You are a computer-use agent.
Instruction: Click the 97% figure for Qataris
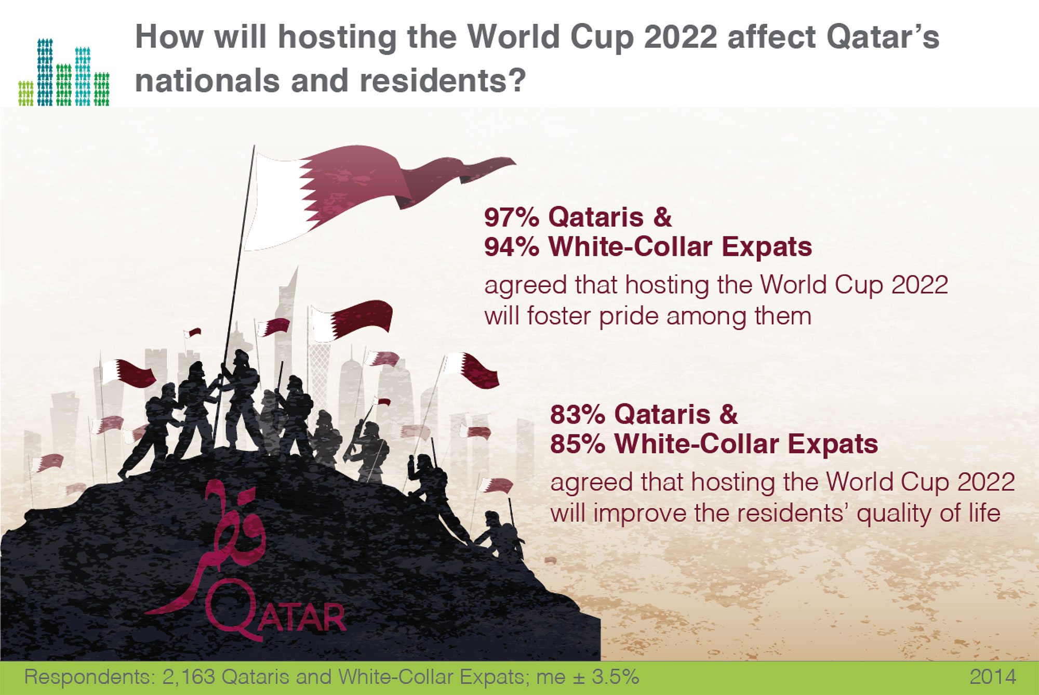point(512,217)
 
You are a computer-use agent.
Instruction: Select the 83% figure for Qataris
point(578,415)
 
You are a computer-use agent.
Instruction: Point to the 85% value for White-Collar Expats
point(578,444)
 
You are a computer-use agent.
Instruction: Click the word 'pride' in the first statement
point(629,317)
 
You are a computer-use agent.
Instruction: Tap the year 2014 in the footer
point(993,677)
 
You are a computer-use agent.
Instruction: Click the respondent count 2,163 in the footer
point(189,677)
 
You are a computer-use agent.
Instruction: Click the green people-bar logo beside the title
point(64,72)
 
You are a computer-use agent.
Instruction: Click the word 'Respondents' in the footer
point(88,677)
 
